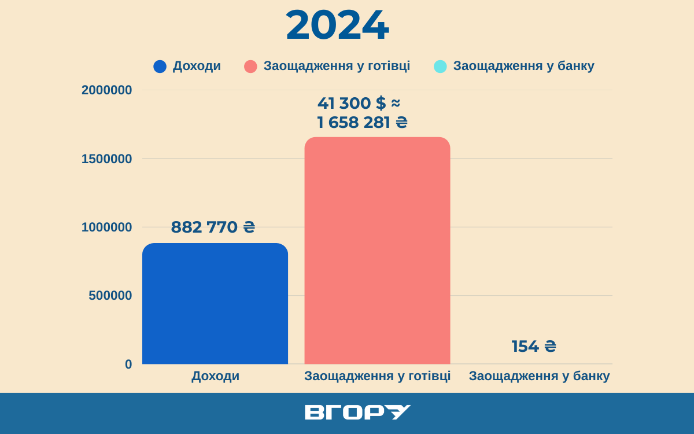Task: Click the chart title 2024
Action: click(x=337, y=25)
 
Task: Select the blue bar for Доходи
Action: click(x=215, y=304)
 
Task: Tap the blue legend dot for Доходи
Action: click(x=160, y=67)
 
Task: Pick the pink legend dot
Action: click(x=250, y=67)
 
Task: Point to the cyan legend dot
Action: click(x=440, y=67)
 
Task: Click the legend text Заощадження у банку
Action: click(x=523, y=66)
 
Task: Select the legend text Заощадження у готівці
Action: click(x=337, y=66)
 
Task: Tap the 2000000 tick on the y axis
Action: click(x=107, y=90)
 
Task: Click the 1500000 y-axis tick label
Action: click(x=107, y=159)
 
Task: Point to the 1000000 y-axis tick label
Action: click(x=107, y=227)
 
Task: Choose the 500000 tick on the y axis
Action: click(x=110, y=296)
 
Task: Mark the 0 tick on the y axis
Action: click(x=128, y=365)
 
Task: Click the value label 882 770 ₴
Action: click(x=213, y=227)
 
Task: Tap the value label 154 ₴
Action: click(x=534, y=347)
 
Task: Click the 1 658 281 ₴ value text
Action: click(x=362, y=123)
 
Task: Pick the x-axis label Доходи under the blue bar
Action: click(x=215, y=376)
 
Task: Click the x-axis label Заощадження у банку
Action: click(x=539, y=376)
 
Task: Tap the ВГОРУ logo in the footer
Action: click(x=357, y=413)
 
